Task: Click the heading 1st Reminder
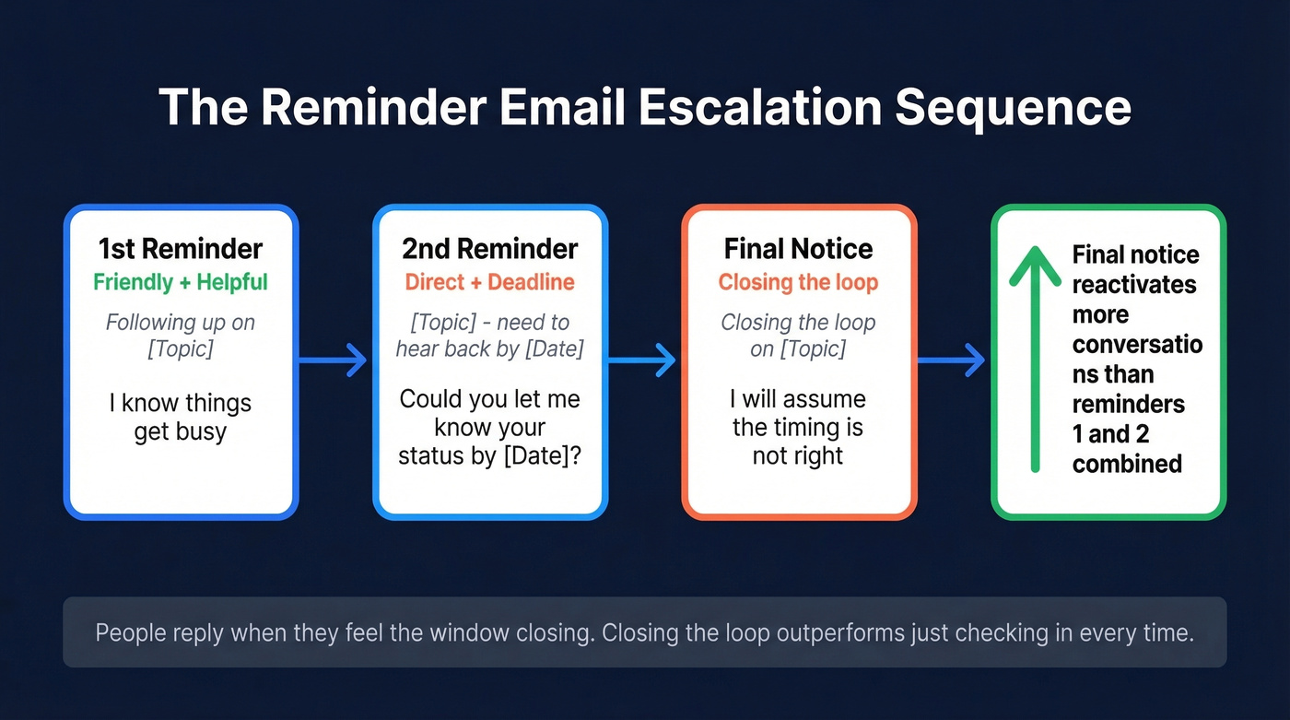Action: click(181, 249)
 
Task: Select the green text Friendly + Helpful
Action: click(181, 282)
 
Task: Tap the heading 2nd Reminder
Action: click(489, 249)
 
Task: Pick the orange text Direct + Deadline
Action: click(489, 282)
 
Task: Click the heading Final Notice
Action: click(798, 249)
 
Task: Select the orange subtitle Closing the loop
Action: click(798, 282)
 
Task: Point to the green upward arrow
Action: click(1035, 360)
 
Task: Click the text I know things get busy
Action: click(181, 417)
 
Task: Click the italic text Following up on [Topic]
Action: click(181, 336)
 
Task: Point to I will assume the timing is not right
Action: click(798, 428)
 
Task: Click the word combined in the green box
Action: click(1127, 463)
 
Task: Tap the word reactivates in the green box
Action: click(1134, 284)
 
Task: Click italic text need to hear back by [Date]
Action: click(489, 336)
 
